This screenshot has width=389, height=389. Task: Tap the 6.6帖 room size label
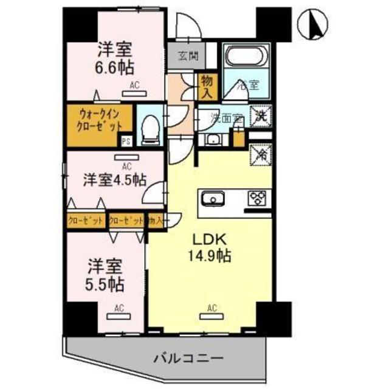(x=115, y=66)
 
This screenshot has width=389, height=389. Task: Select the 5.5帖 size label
(x=106, y=283)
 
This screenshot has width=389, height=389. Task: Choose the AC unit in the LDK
(x=212, y=314)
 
